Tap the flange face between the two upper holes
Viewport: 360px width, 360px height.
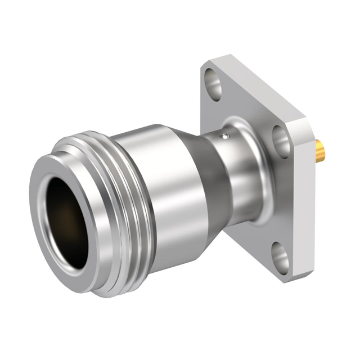coord(247,107)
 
